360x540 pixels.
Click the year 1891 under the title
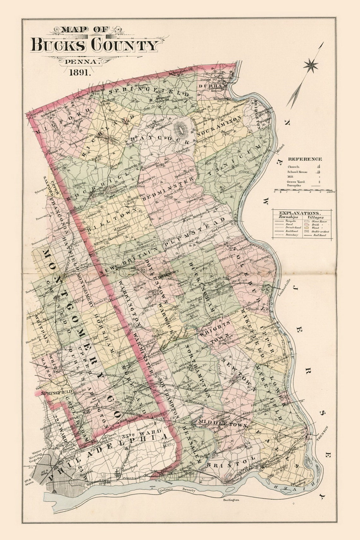[80, 72]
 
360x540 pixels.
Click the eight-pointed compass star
[310, 65]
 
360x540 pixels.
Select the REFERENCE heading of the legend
[304, 159]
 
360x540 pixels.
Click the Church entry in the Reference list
[293, 166]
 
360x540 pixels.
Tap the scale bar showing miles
[304, 191]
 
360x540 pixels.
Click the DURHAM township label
[208, 86]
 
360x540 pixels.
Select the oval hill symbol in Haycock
[181, 129]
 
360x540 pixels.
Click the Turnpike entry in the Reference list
[293, 186]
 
